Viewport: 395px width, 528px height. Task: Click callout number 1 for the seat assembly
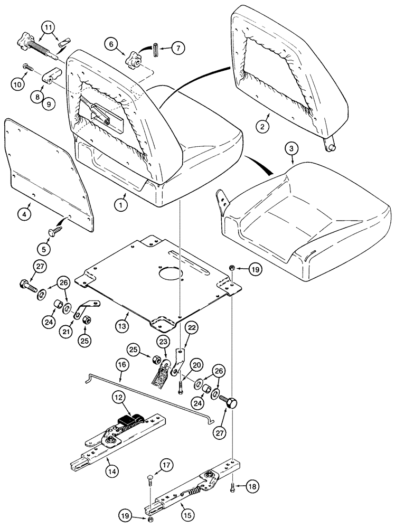pyautogui.click(x=121, y=201)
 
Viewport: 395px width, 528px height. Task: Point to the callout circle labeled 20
pyautogui.click(x=196, y=365)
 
